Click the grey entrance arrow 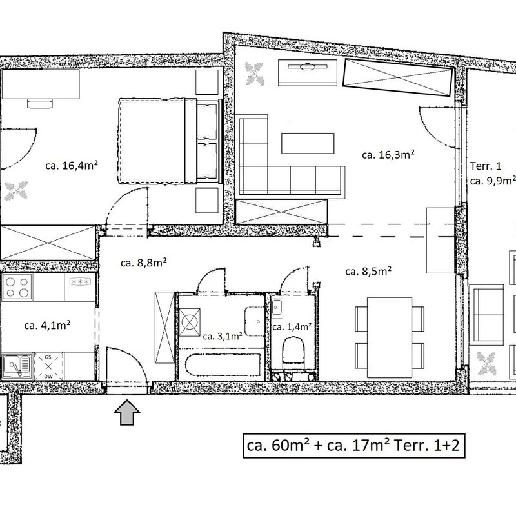127,412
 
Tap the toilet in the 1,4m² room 293,352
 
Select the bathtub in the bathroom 223,364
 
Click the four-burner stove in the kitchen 17,287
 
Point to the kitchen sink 17,366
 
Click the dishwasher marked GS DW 48,366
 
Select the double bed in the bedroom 168,141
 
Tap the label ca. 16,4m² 72,165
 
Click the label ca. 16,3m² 388,154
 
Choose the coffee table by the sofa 308,143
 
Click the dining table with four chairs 390,337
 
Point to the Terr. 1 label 486,166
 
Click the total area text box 353,446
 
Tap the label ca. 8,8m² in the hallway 144,263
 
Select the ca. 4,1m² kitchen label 47,326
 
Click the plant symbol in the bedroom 16,190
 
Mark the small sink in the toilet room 277,309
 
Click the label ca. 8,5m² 368,272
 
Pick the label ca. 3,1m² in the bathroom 223,336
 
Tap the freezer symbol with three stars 80,281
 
